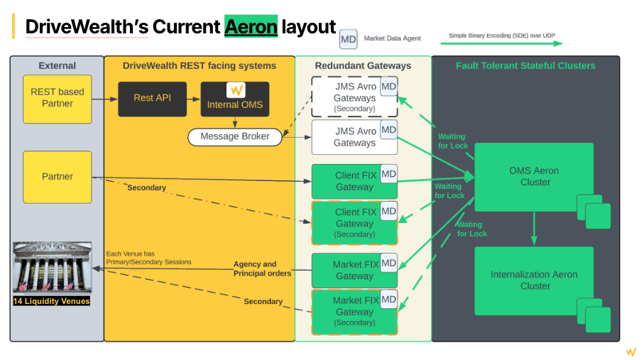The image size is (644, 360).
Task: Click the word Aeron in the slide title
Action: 251,27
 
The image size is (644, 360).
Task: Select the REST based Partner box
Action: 57,98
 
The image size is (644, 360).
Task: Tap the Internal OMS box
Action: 234,98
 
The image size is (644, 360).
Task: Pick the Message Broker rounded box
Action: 234,136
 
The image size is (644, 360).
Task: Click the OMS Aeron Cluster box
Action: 534,177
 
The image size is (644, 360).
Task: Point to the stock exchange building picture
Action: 52,268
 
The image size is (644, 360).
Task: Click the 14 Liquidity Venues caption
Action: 52,301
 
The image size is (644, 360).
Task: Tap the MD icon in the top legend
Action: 348,39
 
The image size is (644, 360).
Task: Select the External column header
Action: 57,65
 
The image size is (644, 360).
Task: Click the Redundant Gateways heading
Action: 363,65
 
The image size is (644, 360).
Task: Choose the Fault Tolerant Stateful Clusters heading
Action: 525,65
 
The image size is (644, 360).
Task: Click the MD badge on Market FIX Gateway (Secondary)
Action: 388,300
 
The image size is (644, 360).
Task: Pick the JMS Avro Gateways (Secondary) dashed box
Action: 354,97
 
